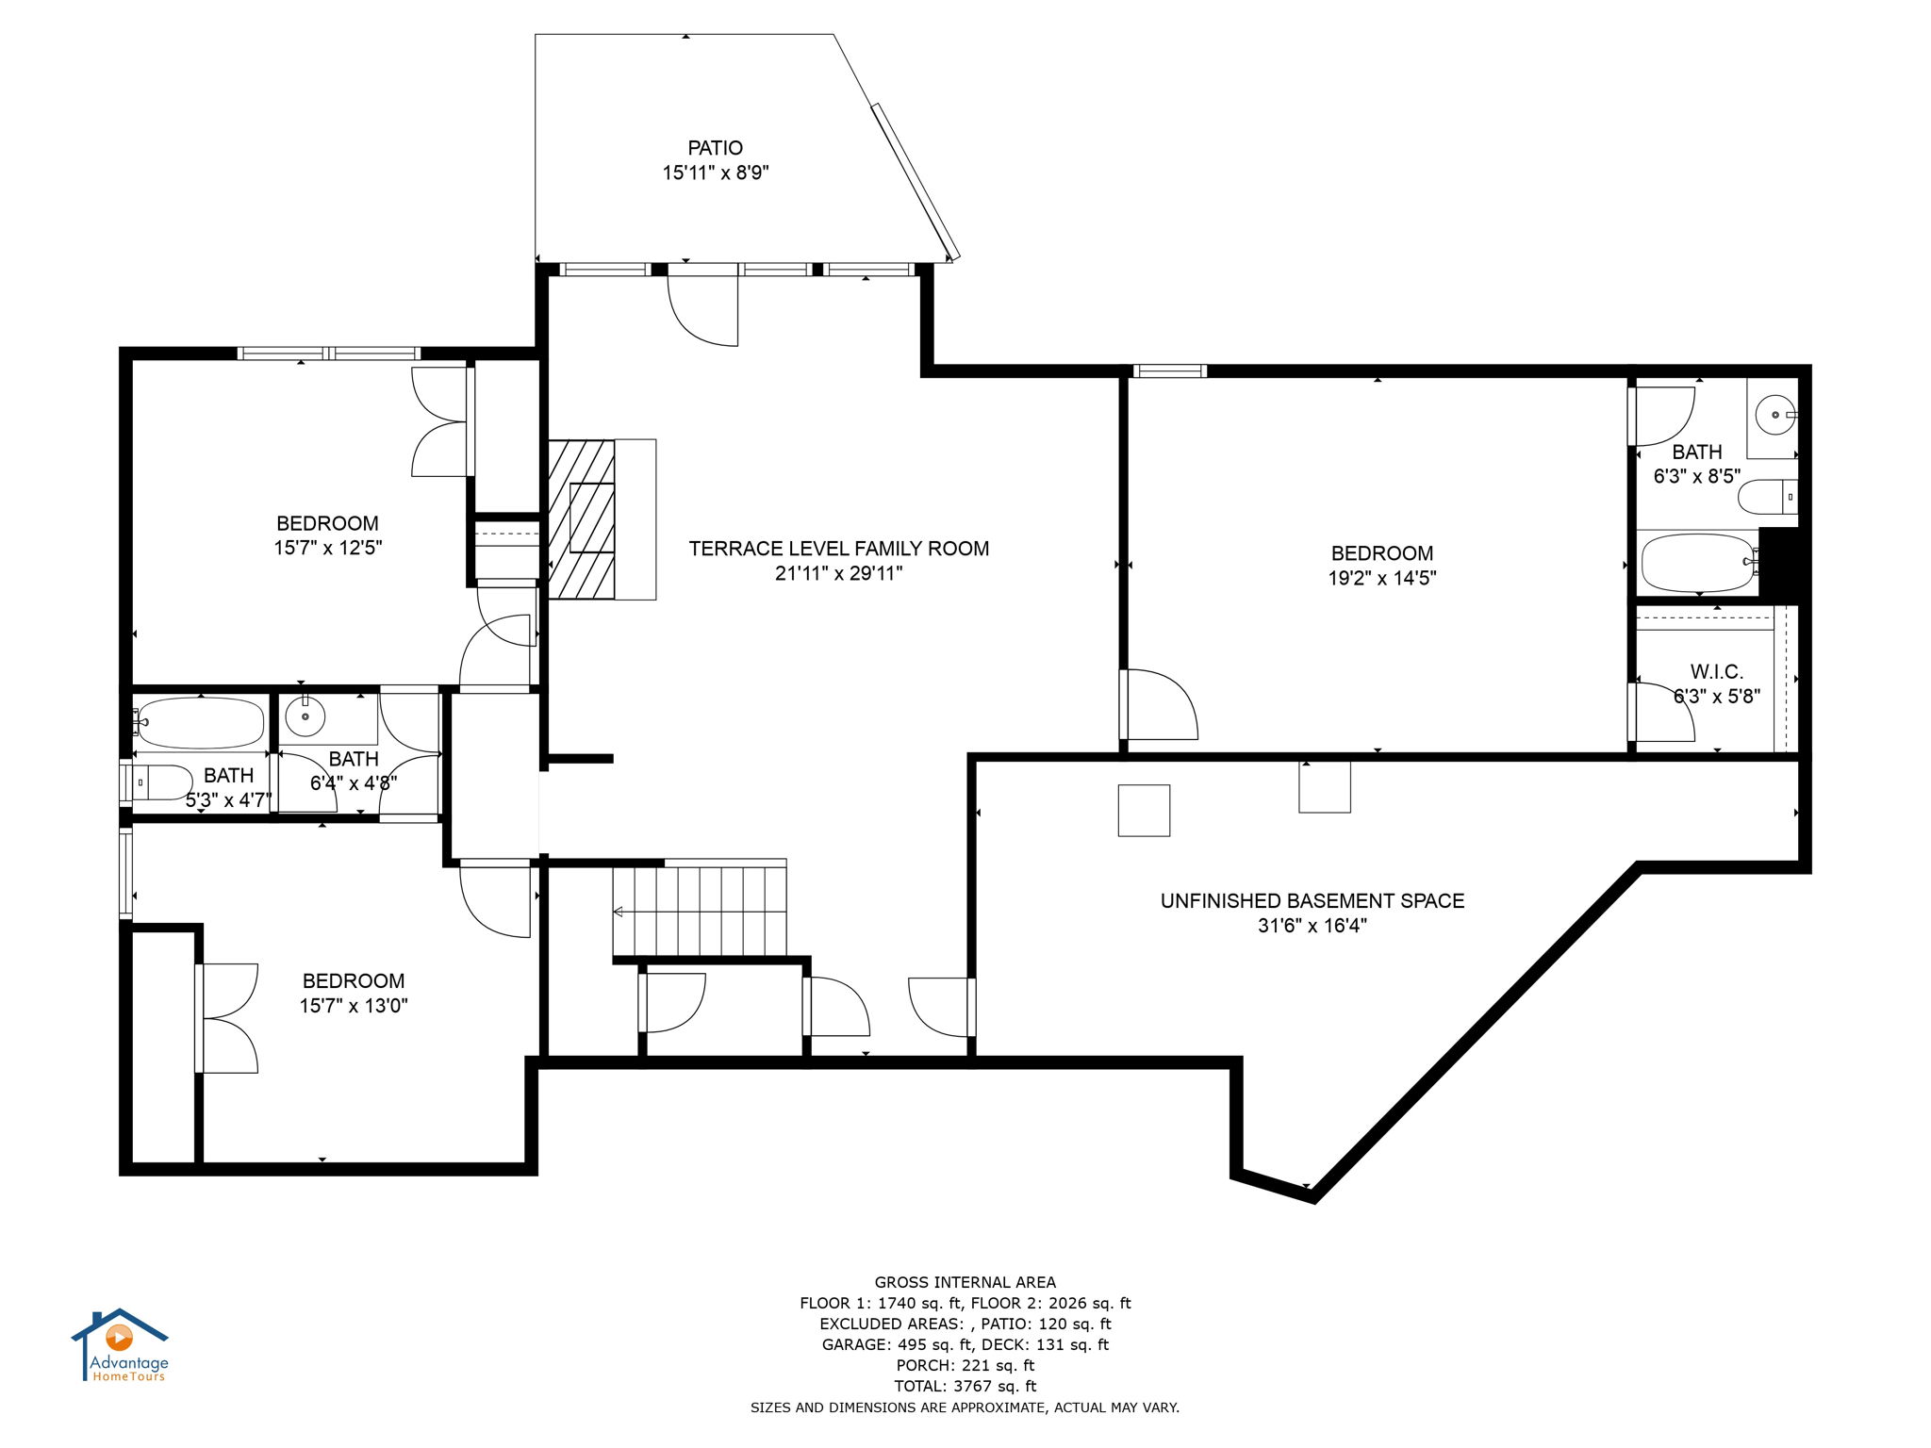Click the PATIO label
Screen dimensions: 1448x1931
tap(715, 148)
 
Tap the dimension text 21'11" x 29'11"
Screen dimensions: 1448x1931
tap(838, 573)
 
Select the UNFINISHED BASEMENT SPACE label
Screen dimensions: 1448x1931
tap(1312, 900)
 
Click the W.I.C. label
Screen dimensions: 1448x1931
tap(1716, 672)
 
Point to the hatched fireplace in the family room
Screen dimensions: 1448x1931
tap(582, 518)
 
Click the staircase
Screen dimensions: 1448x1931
tap(700, 911)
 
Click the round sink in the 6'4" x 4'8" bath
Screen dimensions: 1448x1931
tap(305, 717)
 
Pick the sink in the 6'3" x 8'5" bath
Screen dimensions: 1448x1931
tap(1775, 415)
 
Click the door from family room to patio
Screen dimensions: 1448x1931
tap(702, 306)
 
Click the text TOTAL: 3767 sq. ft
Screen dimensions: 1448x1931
tap(965, 1386)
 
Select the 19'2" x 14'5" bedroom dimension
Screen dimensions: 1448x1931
tap(1381, 578)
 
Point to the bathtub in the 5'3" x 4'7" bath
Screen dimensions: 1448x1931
tap(199, 723)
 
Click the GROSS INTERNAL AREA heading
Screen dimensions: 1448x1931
tap(965, 1282)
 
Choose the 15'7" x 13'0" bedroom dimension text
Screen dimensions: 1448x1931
tap(354, 1006)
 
